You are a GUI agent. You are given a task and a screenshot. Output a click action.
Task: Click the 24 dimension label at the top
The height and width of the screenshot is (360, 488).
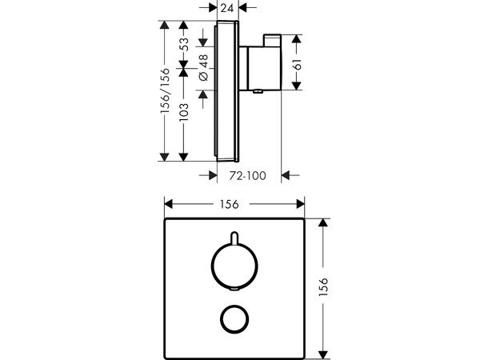click(x=227, y=8)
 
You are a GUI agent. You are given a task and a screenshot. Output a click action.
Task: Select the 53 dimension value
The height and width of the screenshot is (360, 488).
click(x=184, y=45)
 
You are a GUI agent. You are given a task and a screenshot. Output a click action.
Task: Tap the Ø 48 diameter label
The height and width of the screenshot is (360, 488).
click(x=203, y=67)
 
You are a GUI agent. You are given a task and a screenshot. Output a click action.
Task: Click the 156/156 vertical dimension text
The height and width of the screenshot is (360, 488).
click(x=165, y=90)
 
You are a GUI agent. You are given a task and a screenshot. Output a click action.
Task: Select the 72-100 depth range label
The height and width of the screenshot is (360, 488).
click(x=248, y=176)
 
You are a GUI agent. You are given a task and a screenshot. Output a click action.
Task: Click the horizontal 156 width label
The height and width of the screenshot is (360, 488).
click(x=230, y=205)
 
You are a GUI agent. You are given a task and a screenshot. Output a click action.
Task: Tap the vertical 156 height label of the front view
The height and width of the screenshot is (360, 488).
click(x=324, y=286)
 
